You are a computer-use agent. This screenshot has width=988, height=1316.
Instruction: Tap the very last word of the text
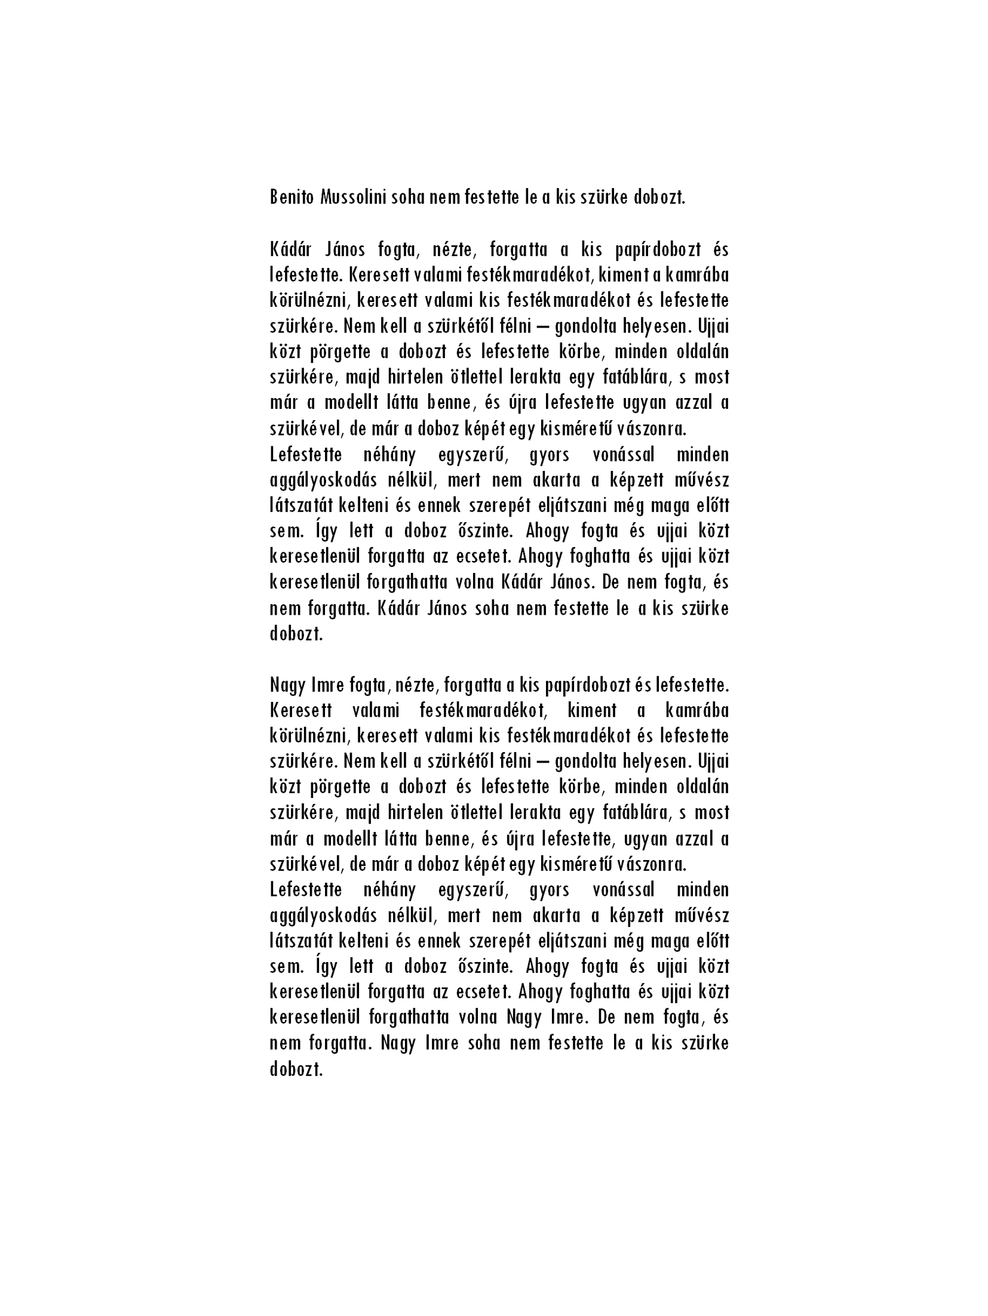point(296,1068)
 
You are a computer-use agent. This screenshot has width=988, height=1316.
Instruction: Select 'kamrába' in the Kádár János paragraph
point(695,275)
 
